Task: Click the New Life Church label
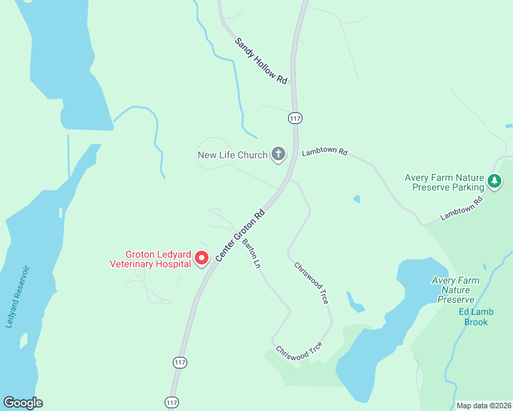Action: pyautogui.click(x=232, y=155)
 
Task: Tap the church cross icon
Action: pyautogui.click(x=278, y=154)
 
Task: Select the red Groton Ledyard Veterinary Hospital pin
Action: pyautogui.click(x=202, y=258)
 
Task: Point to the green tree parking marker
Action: pyautogui.click(x=494, y=182)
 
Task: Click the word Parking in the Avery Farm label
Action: pyautogui.click(x=464, y=187)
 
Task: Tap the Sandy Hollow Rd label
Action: pyautogui.click(x=261, y=61)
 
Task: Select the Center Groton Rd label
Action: pyautogui.click(x=240, y=235)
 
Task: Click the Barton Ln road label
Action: pyautogui.click(x=250, y=254)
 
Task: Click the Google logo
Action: pyautogui.click(x=23, y=403)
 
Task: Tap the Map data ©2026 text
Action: pyautogui.click(x=483, y=406)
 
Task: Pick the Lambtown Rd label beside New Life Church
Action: pyautogui.click(x=324, y=151)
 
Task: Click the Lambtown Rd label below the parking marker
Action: pyautogui.click(x=462, y=209)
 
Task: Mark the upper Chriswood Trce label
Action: pyautogui.click(x=311, y=283)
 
